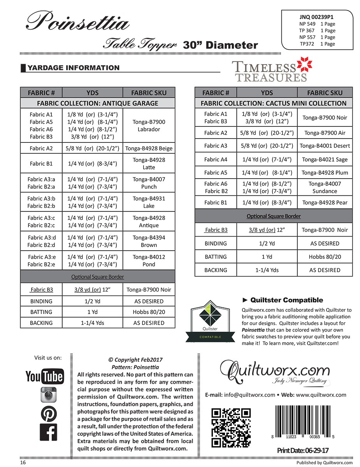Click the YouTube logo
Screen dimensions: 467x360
click(x=44, y=376)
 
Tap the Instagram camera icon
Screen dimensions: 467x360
click(x=49, y=395)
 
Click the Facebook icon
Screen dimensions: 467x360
click(x=49, y=432)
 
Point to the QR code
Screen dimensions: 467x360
click(x=231, y=428)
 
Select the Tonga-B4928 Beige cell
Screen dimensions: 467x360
click(x=149, y=148)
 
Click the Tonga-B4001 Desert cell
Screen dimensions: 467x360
click(x=325, y=146)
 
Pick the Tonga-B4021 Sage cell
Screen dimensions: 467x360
click(x=325, y=159)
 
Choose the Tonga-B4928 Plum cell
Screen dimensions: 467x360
click(x=325, y=172)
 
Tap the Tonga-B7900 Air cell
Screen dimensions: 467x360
click(x=325, y=133)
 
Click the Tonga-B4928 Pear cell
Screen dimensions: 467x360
click(x=325, y=202)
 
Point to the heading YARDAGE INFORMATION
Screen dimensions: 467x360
click(x=74, y=68)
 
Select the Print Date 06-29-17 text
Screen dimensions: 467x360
click(x=303, y=450)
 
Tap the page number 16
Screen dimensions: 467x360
click(x=23, y=463)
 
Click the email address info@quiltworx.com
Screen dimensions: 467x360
click(x=249, y=395)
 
